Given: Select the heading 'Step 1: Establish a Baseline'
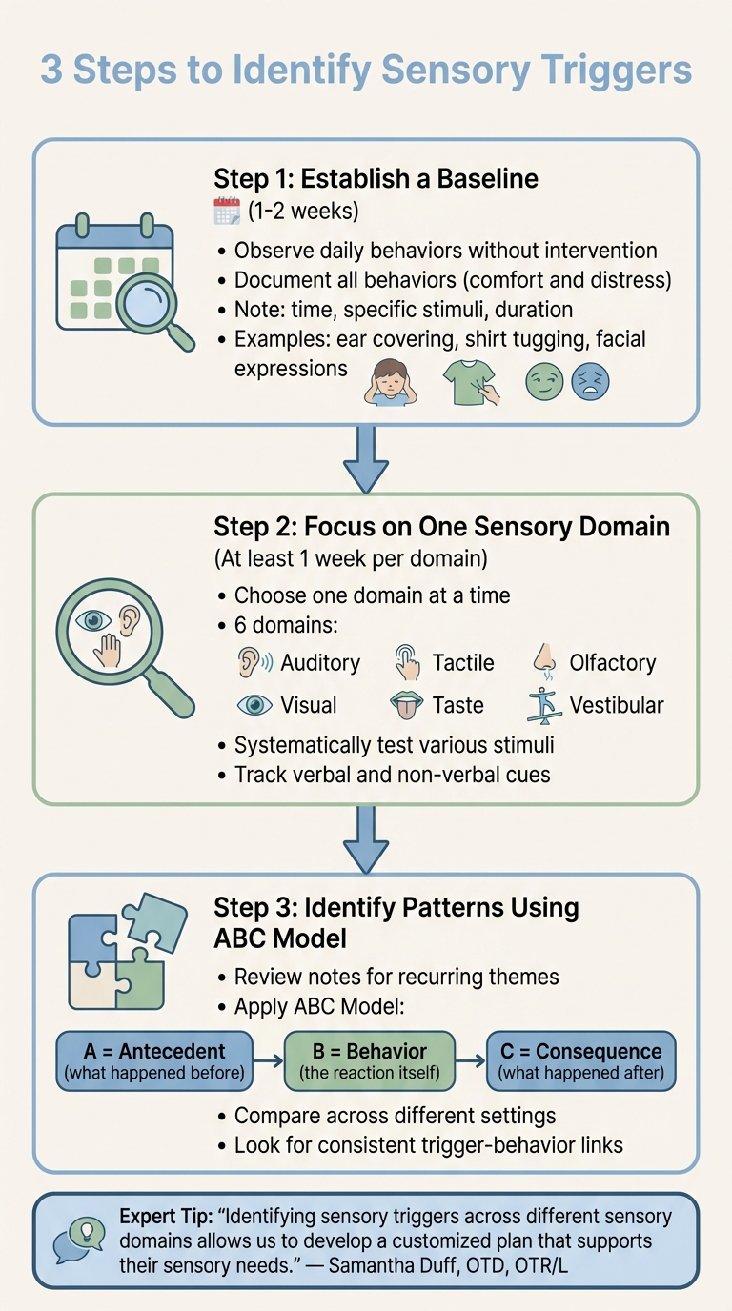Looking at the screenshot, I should pos(376,178).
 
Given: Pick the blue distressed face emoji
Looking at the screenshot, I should pos(590,382).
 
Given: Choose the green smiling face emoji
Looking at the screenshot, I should pos(544,382).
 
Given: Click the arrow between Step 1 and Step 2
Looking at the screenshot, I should pos(366,457).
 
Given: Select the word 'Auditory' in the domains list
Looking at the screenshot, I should pos(320,663).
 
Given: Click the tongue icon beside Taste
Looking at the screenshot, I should pos(408,706).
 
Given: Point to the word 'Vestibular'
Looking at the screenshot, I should pos(617,706).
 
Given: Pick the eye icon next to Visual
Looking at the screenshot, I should pos(254,706).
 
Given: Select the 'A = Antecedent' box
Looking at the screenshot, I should pos(154,1059).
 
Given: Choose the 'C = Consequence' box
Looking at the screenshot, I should pos(580,1059).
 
